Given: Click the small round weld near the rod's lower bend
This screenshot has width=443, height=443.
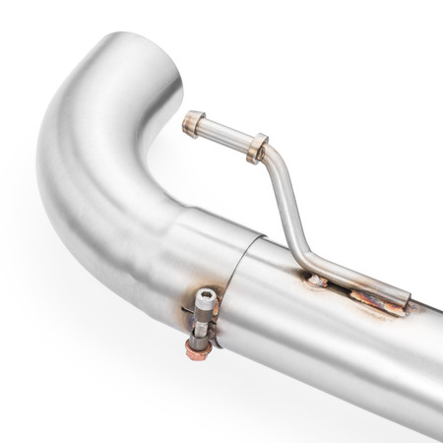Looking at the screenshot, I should [x=317, y=282].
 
